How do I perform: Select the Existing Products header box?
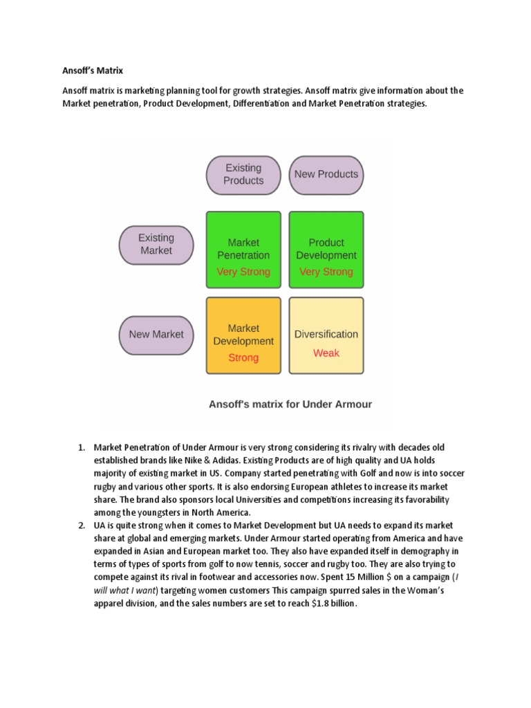click(243, 174)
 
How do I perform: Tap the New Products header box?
click(326, 174)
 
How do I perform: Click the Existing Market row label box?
click(156, 244)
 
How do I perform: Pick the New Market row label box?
click(156, 334)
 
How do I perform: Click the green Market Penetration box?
click(243, 249)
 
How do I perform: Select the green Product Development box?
click(326, 249)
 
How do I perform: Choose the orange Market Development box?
click(243, 335)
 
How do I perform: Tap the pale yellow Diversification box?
click(326, 335)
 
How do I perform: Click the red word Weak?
click(326, 353)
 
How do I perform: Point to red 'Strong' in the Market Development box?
click(243, 357)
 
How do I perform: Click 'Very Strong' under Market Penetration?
click(243, 272)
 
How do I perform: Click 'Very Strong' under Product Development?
click(326, 272)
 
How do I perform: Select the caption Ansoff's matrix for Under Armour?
click(290, 404)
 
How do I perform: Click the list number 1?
click(80, 447)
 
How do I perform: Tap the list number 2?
click(80, 526)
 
